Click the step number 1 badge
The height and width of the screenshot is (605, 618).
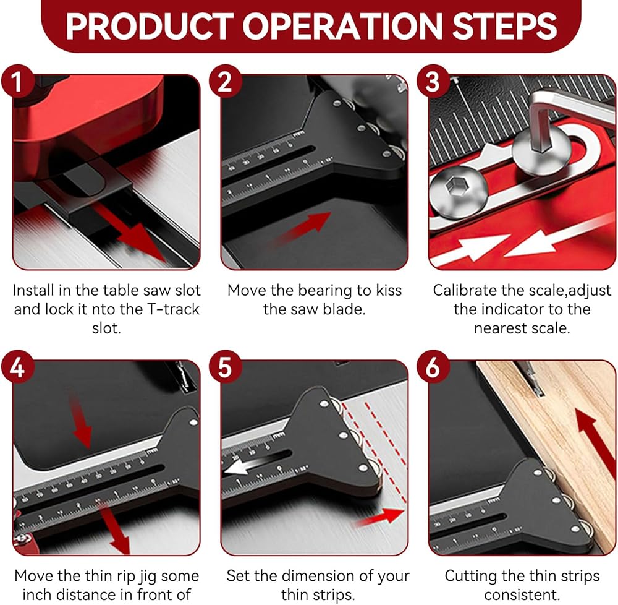[17, 82]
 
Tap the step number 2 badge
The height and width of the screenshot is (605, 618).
[225, 82]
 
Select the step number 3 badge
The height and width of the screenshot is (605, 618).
[433, 82]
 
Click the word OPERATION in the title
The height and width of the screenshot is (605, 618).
[342, 27]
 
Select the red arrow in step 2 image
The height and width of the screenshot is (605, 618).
[302, 230]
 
